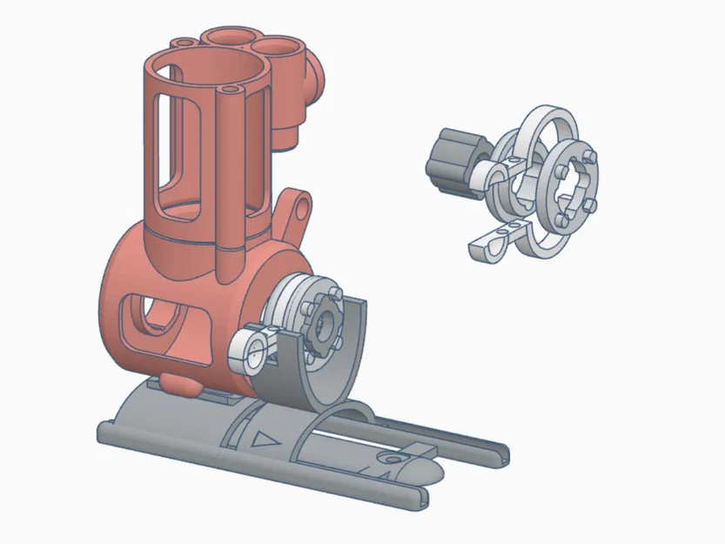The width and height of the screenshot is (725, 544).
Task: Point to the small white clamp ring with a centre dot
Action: coord(252,352)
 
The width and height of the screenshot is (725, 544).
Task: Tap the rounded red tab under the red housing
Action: coord(179,384)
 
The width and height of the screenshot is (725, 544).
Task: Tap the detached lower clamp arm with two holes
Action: coord(495,245)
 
